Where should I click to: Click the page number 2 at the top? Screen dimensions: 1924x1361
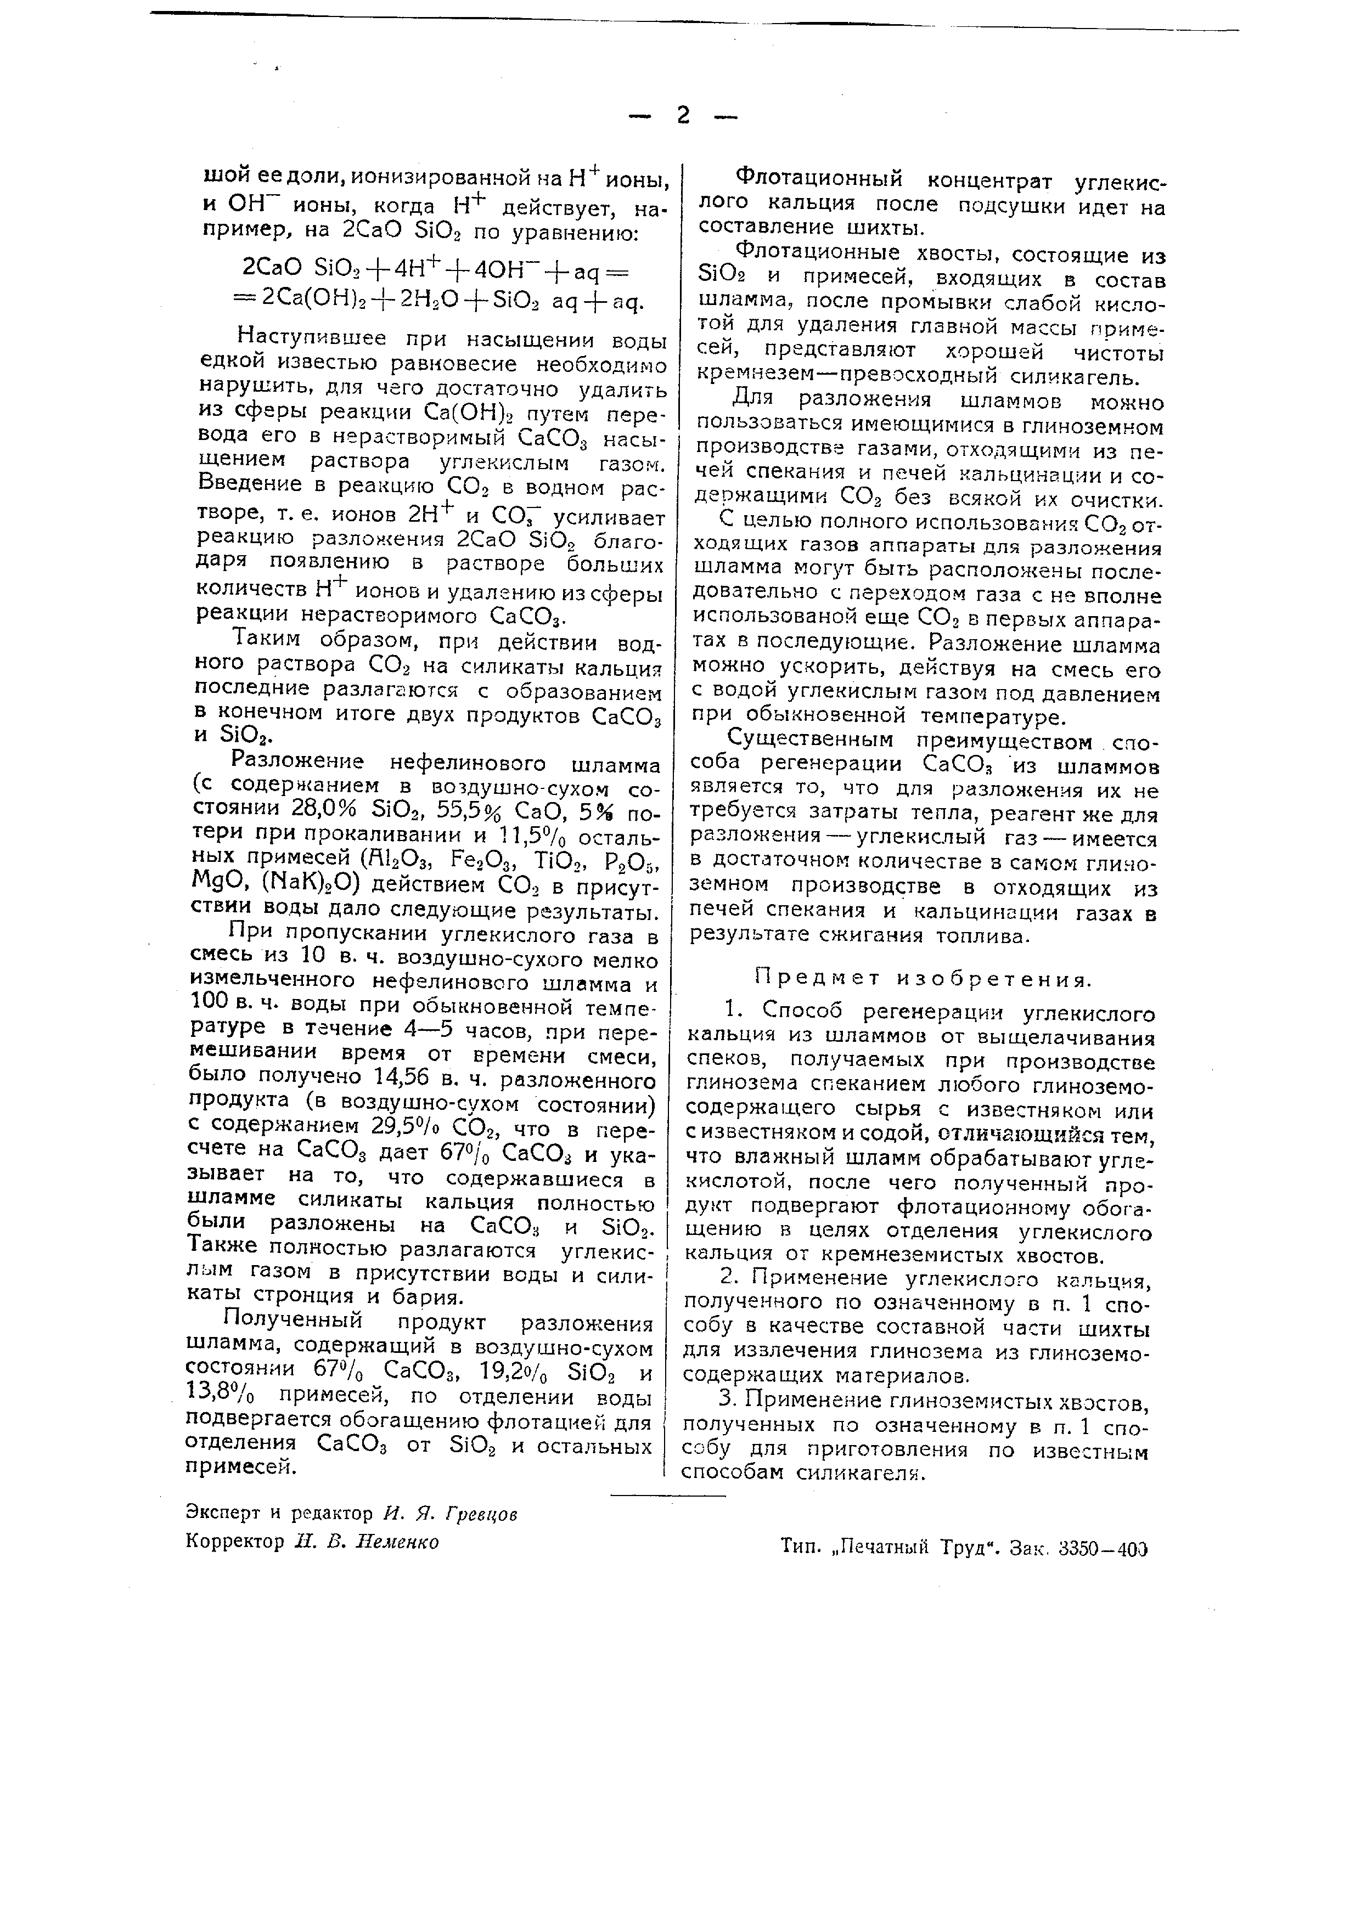click(x=683, y=115)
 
